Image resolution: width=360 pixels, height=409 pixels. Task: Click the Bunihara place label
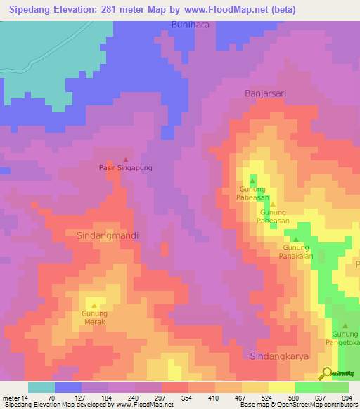(x=191, y=25)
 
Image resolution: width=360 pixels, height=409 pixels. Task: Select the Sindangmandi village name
(x=107, y=236)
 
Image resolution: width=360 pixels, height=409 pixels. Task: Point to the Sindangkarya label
(x=280, y=356)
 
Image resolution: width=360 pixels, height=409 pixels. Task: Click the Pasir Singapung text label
(x=125, y=169)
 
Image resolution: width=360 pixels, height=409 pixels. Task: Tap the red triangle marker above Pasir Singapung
(x=126, y=160)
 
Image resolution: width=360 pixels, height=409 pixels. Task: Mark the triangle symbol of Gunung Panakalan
(x=295, y=240)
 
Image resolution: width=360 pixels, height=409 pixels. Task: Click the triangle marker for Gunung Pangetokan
(x=345, y=325)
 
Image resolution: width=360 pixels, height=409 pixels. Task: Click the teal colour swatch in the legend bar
(x=41, y=387)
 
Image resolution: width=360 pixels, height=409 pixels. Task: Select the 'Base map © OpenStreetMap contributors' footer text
(x=297, y=405)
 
